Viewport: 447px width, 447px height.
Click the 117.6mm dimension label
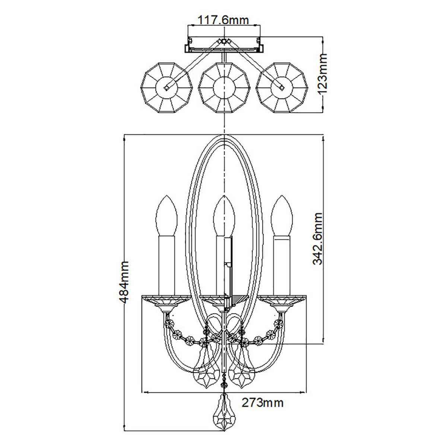(223, 19)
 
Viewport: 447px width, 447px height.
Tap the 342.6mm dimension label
(318, 238)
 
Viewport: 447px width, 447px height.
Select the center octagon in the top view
(223, 87)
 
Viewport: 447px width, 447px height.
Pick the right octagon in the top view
(282, 87)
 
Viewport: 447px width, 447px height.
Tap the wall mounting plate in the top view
(223, 47)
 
